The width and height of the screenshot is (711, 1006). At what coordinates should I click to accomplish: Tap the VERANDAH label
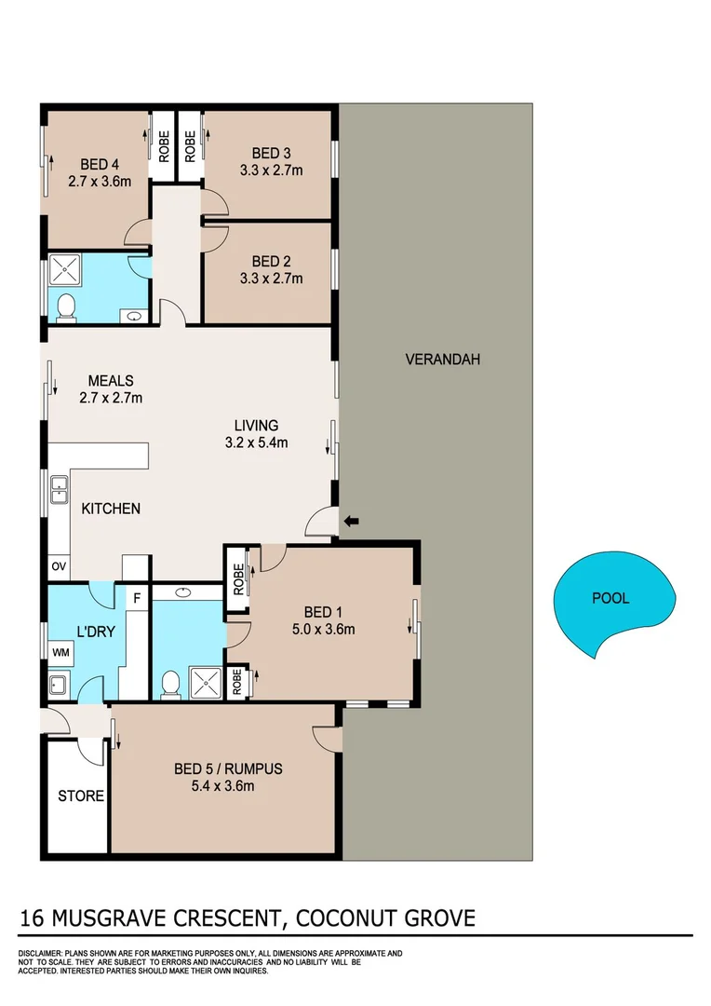[x=442, y=359]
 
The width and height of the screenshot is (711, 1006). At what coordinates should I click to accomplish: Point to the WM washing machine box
[x=60, y=653]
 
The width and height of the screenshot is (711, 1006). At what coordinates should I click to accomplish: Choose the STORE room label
[x=81, y=796]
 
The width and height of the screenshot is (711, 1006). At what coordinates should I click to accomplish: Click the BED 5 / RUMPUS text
[x=228, y=769]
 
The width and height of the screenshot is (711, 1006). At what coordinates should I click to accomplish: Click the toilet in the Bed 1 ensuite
[x=168, y=684]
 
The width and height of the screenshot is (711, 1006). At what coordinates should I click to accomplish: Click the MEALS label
[x=111, y=380]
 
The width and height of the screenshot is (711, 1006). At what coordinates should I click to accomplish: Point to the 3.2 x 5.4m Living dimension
[x=257, y=442]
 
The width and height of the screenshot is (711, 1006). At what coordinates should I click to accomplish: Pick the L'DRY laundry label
[x=95, y=631]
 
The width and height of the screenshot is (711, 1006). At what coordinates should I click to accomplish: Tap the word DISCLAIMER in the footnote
[x=40, y=954]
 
